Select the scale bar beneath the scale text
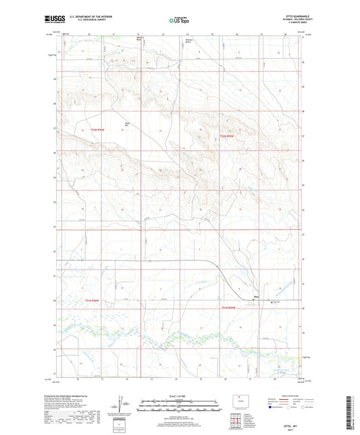179,405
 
